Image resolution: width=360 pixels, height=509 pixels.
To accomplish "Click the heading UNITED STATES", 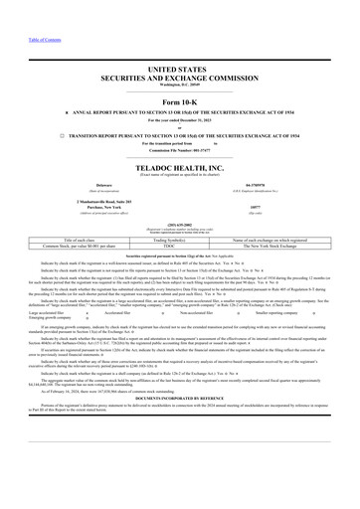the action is coord(180,61).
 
